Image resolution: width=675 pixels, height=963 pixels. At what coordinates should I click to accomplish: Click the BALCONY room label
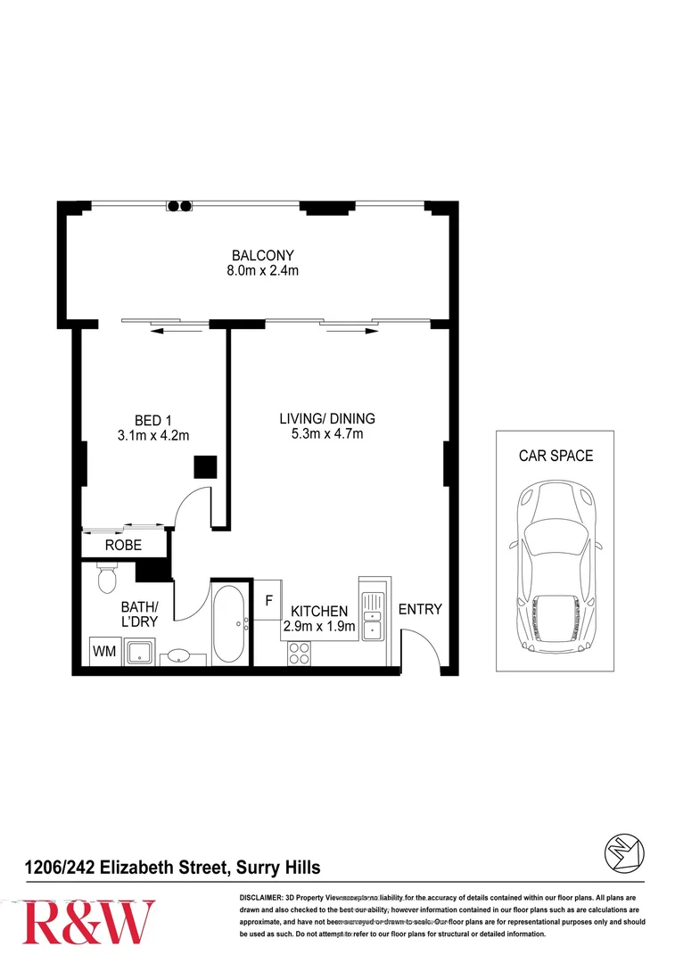(x=262, y=255)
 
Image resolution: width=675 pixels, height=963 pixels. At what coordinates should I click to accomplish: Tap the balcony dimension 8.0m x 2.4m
(x=262, y=270)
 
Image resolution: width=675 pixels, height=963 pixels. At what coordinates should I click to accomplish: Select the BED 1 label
(x=148, y=420)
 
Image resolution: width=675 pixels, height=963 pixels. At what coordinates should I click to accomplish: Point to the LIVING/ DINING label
(x=327, y=418)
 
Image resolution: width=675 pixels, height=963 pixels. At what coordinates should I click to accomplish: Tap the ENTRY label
(x=420, y=610)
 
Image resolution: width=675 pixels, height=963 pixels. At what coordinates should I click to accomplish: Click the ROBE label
(x=123, y=545)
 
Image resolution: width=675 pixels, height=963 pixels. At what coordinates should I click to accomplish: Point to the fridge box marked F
(x=268, y=600)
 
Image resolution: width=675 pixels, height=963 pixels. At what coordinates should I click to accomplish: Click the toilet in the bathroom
(x=106, y=578)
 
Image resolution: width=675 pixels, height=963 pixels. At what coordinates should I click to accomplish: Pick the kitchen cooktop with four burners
(x=299, y=654)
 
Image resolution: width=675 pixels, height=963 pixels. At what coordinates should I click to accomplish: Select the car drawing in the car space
(x=554, y=569)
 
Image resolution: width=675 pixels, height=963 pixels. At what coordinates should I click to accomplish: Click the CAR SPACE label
(x=555, y=456)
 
